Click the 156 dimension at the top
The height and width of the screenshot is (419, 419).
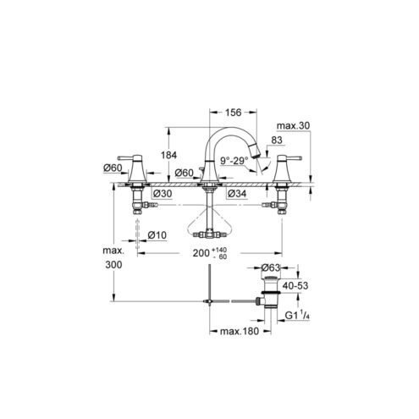(233, 113)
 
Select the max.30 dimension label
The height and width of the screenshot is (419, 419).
(293, 125)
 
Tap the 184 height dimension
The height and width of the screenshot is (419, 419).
(168, 155)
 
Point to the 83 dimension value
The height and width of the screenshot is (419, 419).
(277, 140)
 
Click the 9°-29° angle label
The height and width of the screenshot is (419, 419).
(234, 161)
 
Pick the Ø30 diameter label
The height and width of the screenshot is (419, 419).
(162, 194)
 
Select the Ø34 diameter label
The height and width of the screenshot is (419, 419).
(237, 194)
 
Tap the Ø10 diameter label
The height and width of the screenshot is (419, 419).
(157, 234)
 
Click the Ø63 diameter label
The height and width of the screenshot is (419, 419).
(270, 267)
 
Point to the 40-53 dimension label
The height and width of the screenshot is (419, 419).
(295, 285)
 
